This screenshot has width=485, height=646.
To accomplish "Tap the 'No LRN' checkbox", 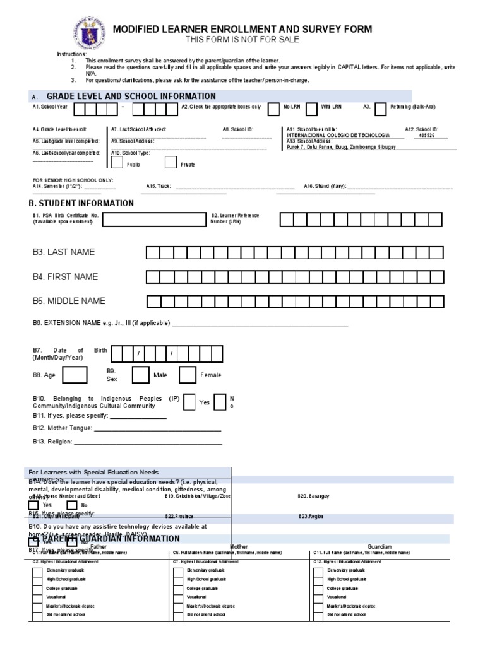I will (x=273, y=109).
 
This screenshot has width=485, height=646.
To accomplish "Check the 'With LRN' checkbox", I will (x=311, y=109).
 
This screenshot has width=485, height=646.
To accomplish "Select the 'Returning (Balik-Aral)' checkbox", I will (x=380, y=109).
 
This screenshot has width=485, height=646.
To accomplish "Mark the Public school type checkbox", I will (x=117, y=163).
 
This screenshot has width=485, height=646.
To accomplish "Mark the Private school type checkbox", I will (x=171, y=163).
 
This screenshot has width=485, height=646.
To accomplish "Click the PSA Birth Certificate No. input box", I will (x=153, y=219).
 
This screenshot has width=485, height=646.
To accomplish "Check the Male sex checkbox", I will (x=140, y=375).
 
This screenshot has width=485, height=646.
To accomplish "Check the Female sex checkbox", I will (x=188, y=375).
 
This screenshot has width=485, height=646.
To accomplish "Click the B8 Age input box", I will (x=75, y=375).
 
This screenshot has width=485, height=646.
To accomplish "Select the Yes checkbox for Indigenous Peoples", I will (x=189, y=402).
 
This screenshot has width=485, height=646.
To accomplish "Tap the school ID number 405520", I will (x=427, y=135).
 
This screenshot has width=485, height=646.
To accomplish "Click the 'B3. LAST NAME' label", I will (x=64, y=252).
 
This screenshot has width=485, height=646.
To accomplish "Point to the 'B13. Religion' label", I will (x=52, y=442).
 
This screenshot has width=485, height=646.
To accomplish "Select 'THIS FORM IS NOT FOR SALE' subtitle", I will (x=242, y=40).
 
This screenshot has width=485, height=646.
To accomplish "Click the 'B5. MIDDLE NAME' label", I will (x=69, y=301).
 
